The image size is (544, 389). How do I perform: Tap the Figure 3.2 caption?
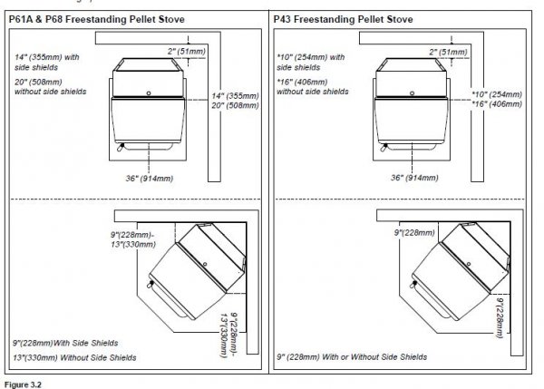pos(24,384)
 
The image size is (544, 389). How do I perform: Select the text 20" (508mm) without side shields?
pos(46,86)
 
